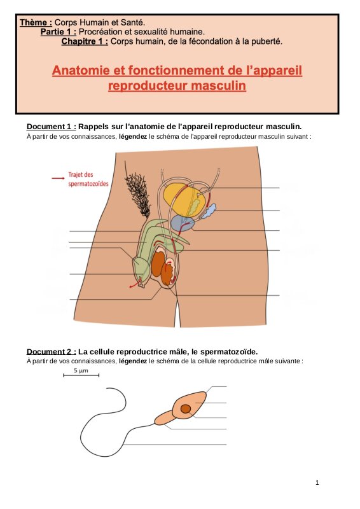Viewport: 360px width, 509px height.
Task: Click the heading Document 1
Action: pos(52,127)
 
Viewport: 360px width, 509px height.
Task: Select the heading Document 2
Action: pos(52,352)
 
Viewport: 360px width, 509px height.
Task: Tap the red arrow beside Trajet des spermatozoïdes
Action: pos(58,178)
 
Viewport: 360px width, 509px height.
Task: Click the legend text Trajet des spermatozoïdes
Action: pos(88,179)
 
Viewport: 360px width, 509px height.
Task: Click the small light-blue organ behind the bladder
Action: pos(210,211)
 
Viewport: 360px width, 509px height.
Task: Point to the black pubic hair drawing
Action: pos(138,194)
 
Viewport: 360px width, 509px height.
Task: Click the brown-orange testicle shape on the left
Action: pos(158,263)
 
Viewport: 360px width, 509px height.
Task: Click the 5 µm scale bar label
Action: pos(81,370)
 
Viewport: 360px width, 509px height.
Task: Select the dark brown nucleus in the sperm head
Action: pos(186,408)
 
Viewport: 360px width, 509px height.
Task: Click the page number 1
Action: pos(317,483)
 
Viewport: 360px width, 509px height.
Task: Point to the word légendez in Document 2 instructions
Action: pos(133,361)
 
